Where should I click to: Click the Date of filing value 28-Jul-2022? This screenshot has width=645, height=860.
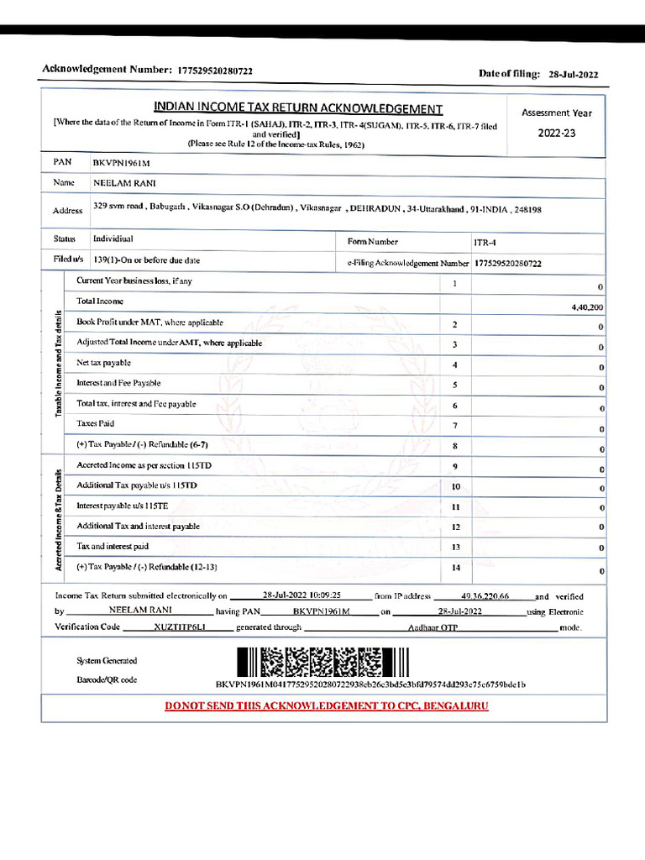573,75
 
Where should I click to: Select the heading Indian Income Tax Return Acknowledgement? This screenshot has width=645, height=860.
298,108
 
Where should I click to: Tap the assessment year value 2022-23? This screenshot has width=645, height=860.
557,133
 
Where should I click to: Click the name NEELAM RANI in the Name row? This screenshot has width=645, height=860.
124,183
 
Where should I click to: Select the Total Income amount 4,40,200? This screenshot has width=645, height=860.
586,308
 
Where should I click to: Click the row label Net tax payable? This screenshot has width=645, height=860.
104,363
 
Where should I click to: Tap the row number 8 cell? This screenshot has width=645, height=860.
454,446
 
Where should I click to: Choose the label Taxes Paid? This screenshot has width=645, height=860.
95,424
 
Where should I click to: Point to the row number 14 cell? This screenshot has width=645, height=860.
456,568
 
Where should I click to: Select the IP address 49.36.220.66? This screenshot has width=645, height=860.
485,595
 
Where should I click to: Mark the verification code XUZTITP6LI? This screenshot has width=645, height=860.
179,627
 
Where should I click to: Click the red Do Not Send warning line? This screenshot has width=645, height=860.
326,705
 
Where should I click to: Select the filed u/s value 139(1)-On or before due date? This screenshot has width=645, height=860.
146,260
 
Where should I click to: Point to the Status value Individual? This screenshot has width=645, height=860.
113,239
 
